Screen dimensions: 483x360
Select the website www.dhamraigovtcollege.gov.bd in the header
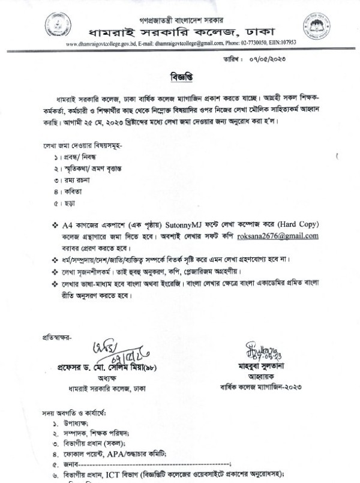(97, 43)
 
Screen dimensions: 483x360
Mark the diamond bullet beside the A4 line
(55, 224)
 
